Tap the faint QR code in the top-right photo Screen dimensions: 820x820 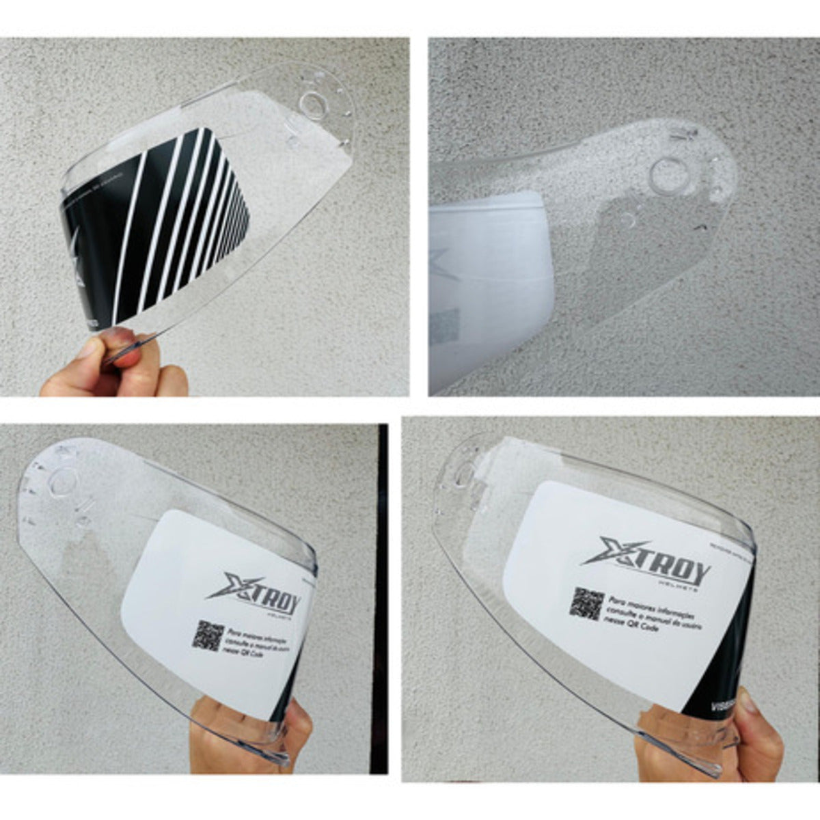click(x=445, y=325)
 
